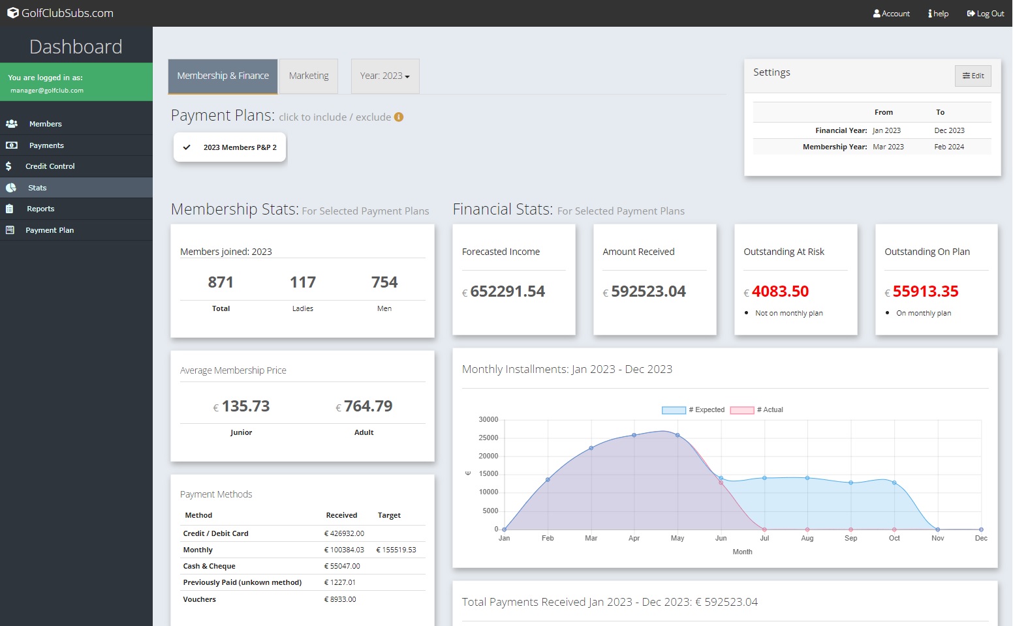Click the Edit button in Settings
point(973,76)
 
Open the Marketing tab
point(309,76)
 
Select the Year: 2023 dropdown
point(384,76)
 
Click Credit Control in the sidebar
point(50,166)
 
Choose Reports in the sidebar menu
point(40,209)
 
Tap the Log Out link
point(986,13)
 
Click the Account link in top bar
point(892,13)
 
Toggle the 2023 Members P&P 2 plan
point(230,147)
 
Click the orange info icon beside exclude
point(399,117)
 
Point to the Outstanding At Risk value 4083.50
point(780,291)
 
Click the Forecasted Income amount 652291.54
point(507,291)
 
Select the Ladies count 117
point(303,282)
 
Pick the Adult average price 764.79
point(368,406)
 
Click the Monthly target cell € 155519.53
point(396,550)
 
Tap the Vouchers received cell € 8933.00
point(340,599)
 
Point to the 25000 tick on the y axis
point(488,438)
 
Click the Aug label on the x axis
point(807,538)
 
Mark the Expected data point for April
point(634,435)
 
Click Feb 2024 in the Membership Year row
point(949,147)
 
